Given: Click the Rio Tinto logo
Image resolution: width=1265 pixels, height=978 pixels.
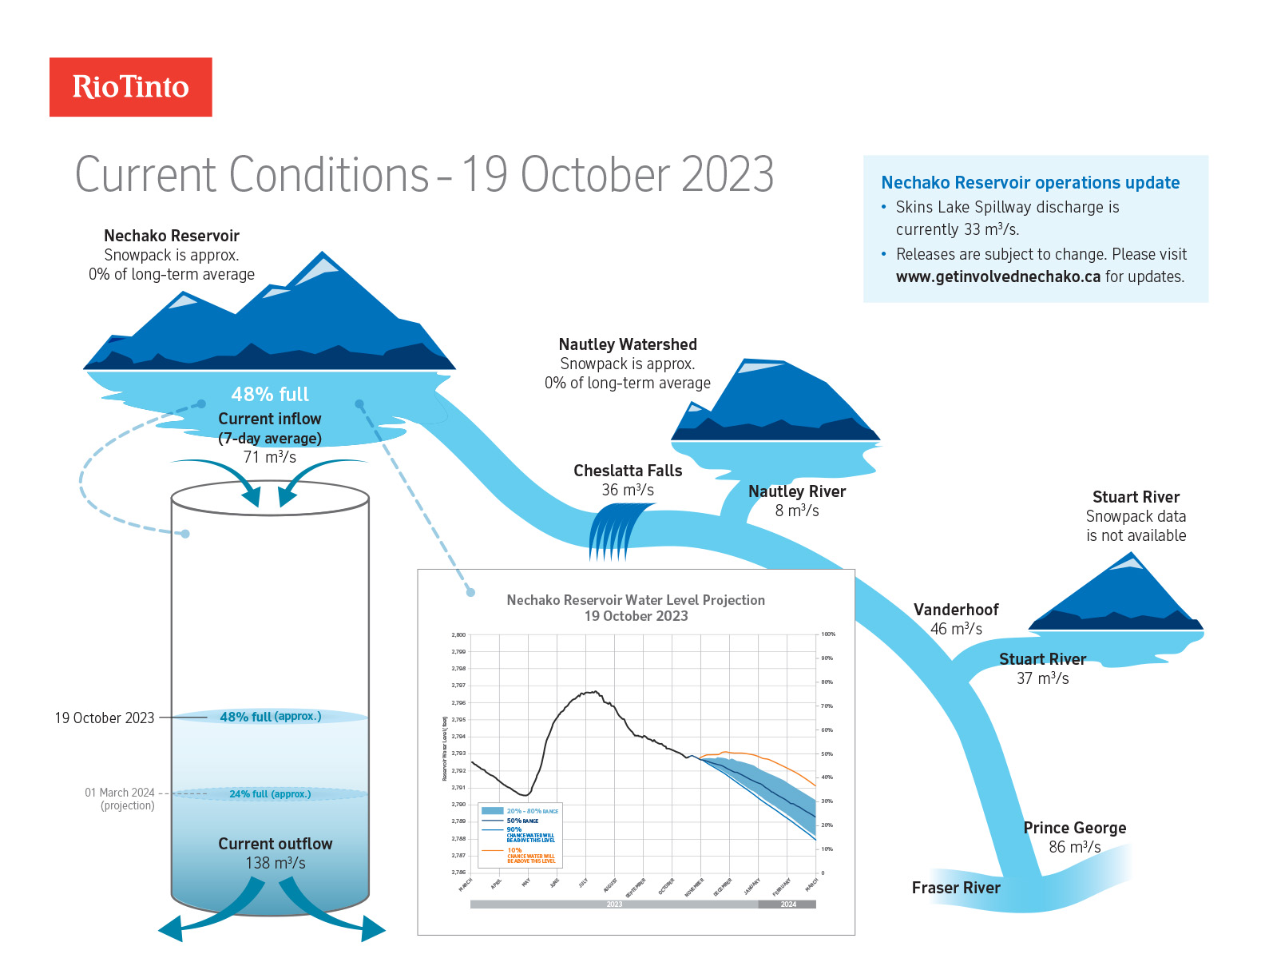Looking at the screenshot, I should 131,87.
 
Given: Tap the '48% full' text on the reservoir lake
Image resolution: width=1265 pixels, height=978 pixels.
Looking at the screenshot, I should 270,395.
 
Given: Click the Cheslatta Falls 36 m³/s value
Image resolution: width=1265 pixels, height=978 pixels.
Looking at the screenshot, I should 628,491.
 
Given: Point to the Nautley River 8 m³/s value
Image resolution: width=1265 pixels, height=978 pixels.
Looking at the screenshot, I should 797,511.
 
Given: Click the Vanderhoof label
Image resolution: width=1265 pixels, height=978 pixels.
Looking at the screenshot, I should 956,610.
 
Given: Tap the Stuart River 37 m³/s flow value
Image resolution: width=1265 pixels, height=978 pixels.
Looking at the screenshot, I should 1042,679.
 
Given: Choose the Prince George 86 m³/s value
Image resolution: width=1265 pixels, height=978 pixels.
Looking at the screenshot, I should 1075,848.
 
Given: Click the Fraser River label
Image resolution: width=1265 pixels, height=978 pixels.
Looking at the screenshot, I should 956,889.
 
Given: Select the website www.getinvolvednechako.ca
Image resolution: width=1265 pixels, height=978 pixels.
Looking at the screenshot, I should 998,277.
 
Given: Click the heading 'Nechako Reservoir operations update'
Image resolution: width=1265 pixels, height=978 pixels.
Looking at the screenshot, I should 1030,183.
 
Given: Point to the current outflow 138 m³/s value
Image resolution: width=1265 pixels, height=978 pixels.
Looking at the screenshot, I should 276,864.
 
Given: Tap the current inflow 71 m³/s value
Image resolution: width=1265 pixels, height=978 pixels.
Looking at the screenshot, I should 270,458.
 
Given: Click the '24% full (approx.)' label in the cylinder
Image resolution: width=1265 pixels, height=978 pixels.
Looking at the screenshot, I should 270,794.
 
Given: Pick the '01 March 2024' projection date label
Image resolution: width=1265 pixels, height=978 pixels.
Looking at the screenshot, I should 120,793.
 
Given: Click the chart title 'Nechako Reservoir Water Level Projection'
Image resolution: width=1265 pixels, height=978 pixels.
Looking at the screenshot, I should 636,600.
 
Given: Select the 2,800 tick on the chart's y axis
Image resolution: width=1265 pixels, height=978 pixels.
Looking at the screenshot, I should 458,635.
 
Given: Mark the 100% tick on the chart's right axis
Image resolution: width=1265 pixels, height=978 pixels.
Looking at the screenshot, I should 828,634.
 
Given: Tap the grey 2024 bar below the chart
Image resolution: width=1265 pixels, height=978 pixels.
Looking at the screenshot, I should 787,904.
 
